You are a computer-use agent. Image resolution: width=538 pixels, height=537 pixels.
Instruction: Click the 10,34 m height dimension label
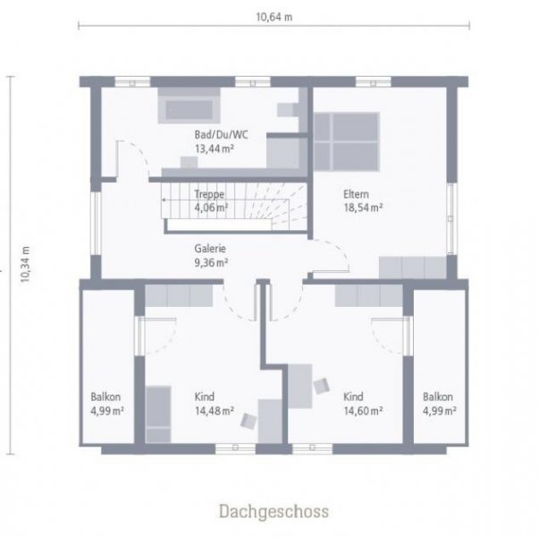click(25, 265)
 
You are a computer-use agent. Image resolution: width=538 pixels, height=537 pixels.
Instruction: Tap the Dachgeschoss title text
click(273, 511)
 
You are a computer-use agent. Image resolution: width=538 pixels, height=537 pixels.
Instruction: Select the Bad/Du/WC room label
click(221, 135)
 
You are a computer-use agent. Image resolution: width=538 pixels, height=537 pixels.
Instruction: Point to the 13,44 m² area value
click(214, 149)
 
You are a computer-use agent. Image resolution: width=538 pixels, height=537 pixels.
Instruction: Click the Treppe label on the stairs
click(209, 194)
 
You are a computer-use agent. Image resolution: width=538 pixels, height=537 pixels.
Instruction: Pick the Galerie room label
click(211, 250)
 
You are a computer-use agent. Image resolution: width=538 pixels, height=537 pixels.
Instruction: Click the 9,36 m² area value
click(211, 263)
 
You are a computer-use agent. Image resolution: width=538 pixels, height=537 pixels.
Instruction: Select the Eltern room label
click(356, 193)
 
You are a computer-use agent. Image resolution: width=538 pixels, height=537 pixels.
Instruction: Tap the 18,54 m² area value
click(363, 207)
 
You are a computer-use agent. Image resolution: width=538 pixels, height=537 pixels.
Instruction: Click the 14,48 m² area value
click(214, 411)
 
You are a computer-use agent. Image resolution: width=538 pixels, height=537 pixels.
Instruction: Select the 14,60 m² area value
click(363, 411)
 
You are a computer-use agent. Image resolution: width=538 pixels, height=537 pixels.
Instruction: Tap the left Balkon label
click(105, 397)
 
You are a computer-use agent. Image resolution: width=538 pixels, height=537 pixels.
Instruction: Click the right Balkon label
click(438, 397)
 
